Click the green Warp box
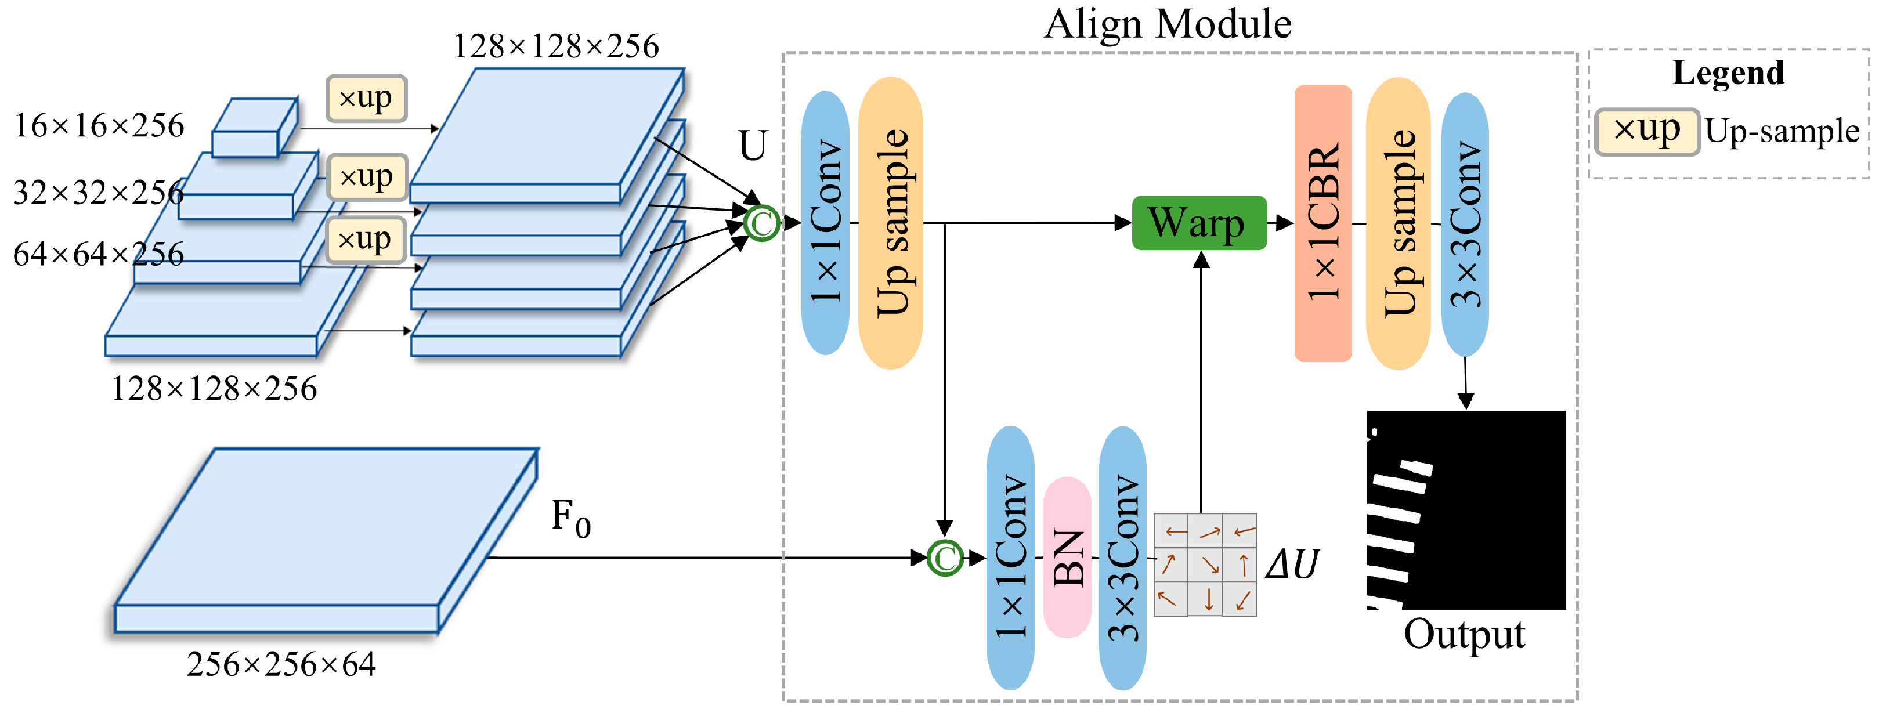point(1198,223)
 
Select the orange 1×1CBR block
point(1322,223)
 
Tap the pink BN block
point(1067,558)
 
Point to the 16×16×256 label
point(99,125)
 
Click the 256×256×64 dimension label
point(281,664)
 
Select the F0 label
point(570,518)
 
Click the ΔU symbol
point(1292,564)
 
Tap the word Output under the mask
point(1464,635)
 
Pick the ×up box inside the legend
point(1646,131)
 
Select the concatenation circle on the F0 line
point(945,558)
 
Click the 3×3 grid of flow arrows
point(1205,565)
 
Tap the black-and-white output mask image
point(1466,510)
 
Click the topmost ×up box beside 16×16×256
point(366,97)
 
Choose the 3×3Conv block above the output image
point(1465,223)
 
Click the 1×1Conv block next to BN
point(1010,558)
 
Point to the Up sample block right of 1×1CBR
point(1397,223)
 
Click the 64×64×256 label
point(99,254)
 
